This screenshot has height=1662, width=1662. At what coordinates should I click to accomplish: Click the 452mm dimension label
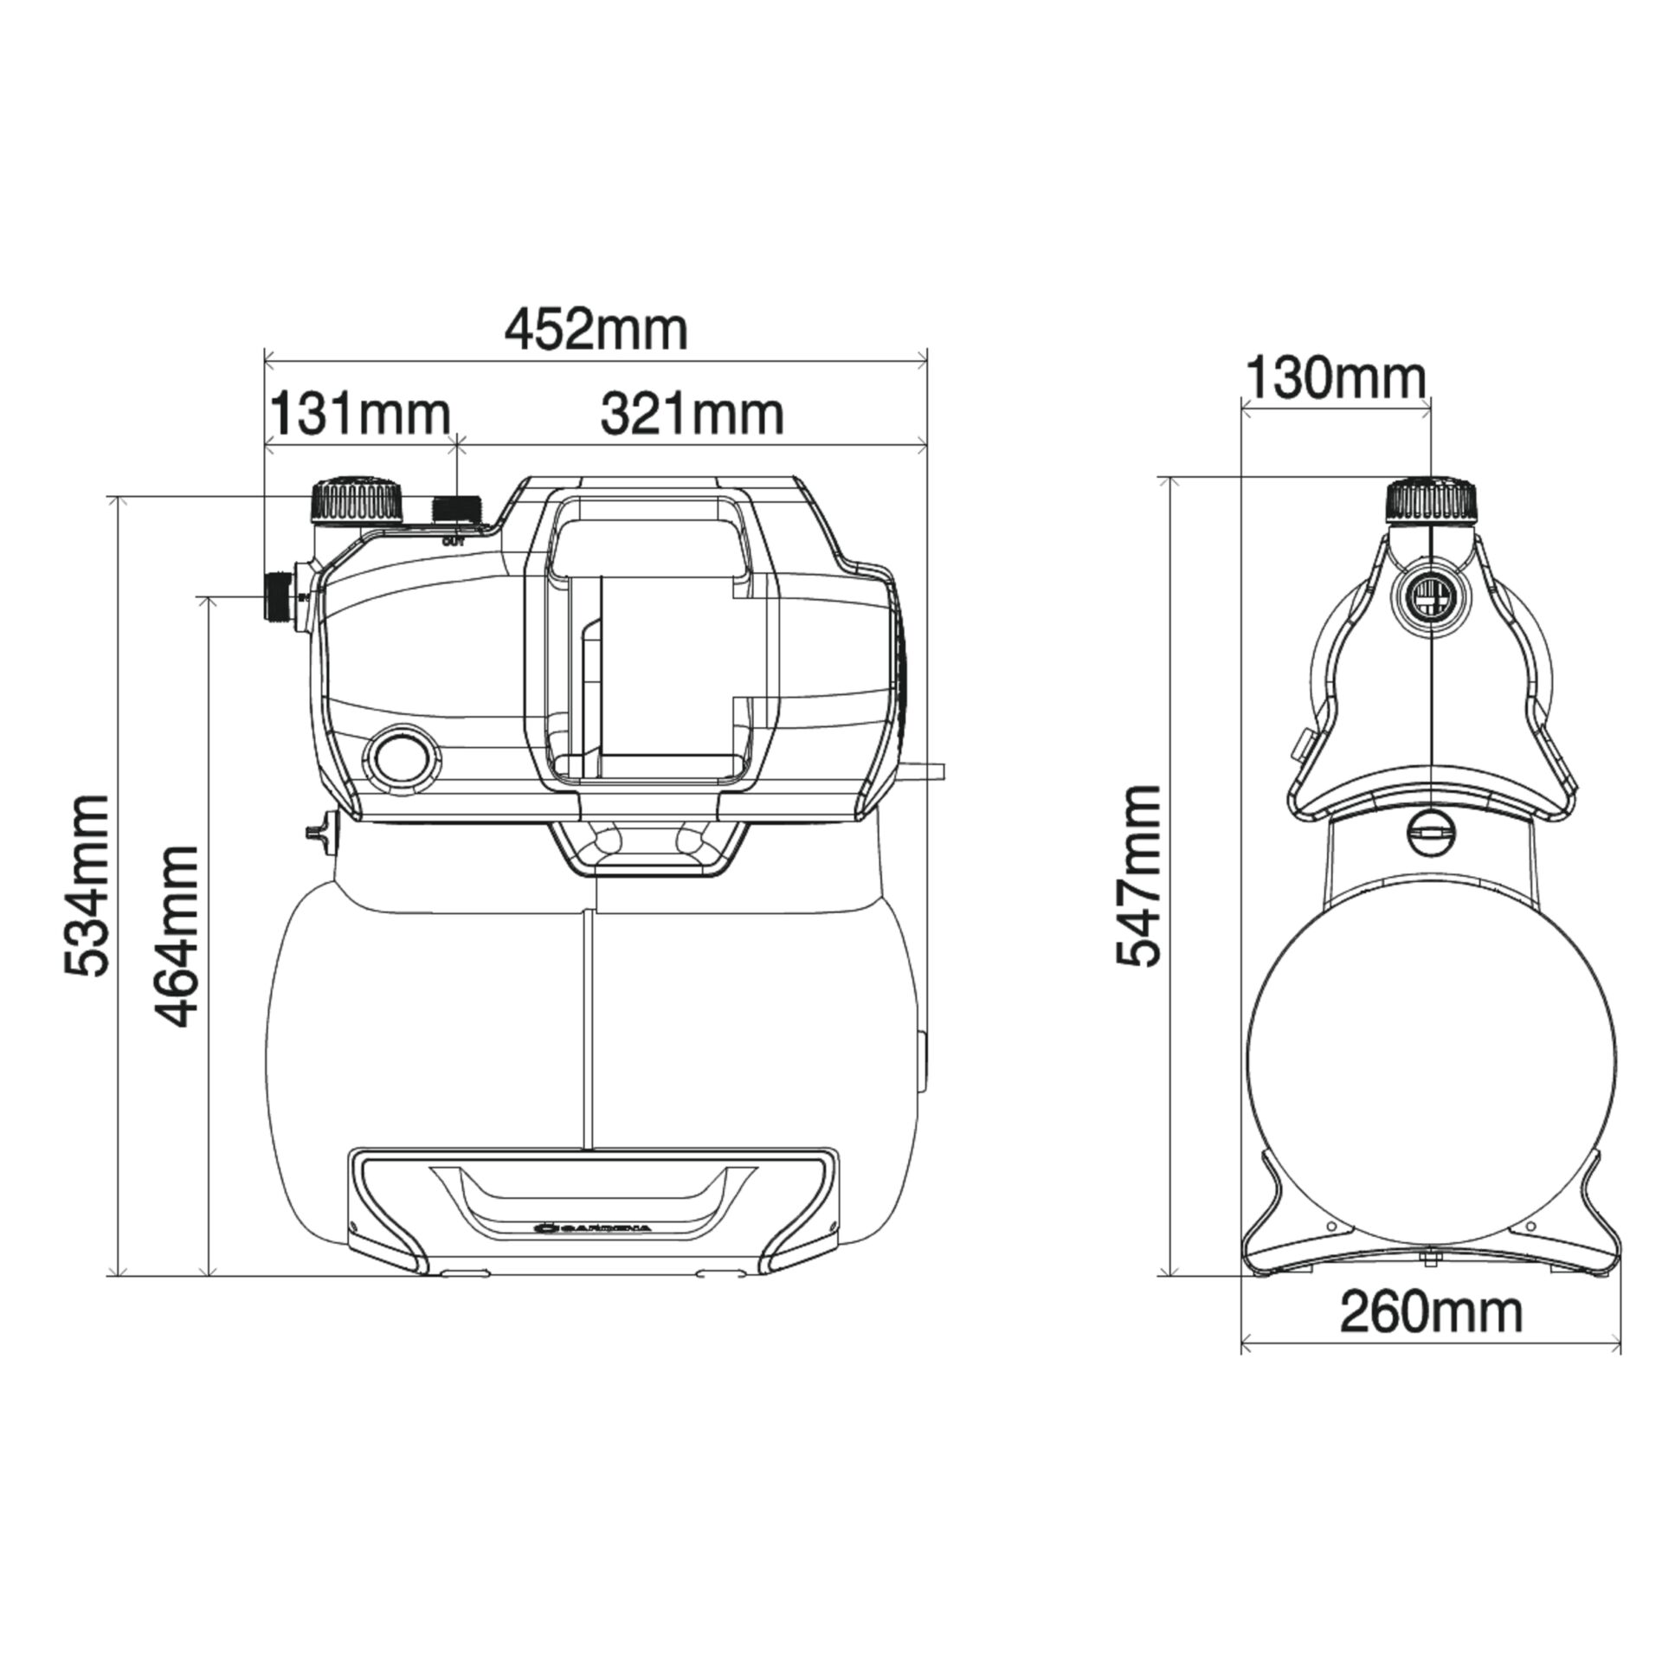pyautogui.click(x=596, y=331)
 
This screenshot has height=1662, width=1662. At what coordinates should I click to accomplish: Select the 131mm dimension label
pyautogui.click(x=361, y=415)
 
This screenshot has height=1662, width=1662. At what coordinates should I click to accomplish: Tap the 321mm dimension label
pyautogui.click(x=692, y=415)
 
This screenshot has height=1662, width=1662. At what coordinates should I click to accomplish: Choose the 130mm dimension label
pyautogui.click(x=1335, y=379)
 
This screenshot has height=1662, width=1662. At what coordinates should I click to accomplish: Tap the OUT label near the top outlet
pyautogui.click(x=454, y=542)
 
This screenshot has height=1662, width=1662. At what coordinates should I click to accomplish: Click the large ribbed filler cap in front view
pyautogui.click(x=357, y=499)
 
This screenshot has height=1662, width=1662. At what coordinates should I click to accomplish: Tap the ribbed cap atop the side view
pyautogui.click(x=1433, y=500)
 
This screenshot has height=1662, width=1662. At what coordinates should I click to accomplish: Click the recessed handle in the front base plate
pyautogui.click(x=593, y=1199)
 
